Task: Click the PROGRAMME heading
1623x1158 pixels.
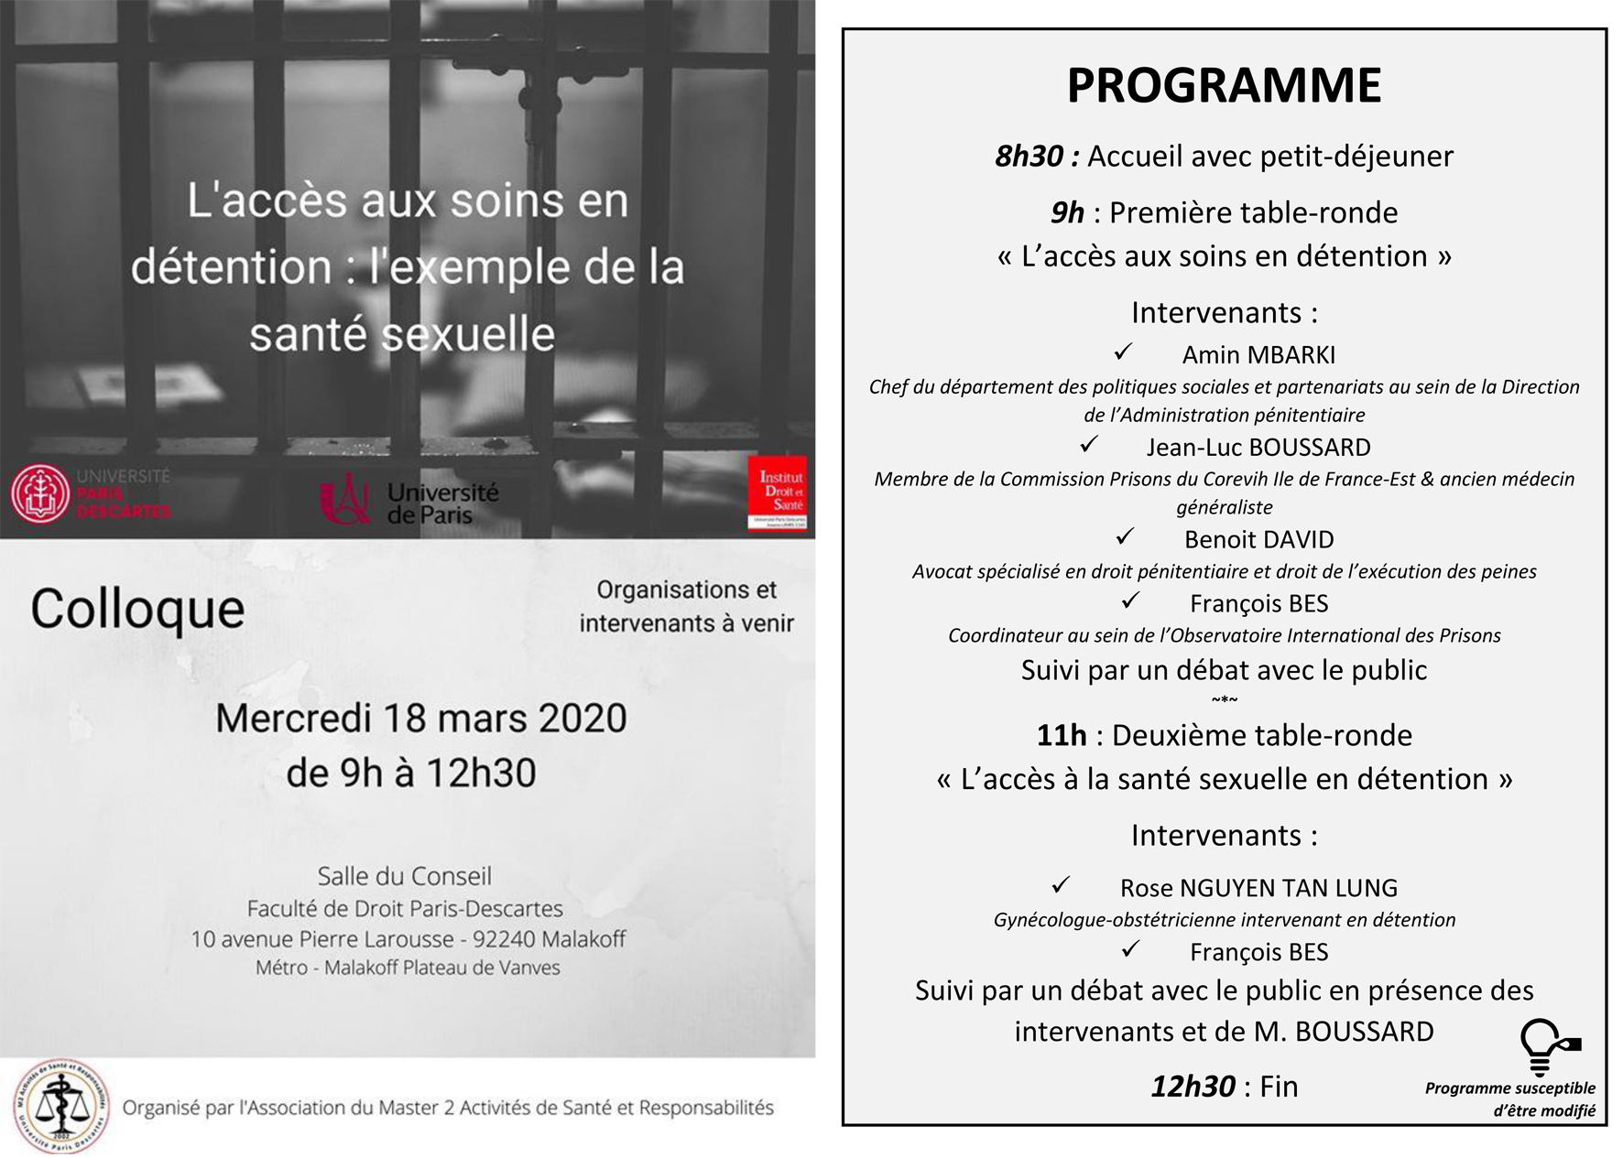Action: coord(1224,85)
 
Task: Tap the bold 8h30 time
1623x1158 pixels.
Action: coord(1029,157)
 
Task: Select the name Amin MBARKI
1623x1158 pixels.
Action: coord(1258,355)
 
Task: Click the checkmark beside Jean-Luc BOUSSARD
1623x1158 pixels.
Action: coord(1089,444)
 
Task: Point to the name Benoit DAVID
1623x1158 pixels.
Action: coord(1258,540)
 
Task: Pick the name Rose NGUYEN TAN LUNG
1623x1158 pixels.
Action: coord(1258,888)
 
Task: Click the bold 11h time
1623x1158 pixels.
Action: coord(1062,735)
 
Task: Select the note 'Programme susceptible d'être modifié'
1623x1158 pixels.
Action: coord(1511,1099)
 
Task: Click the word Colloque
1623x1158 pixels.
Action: coord(137,610)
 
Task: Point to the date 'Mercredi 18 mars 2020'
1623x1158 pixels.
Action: coord(421,719)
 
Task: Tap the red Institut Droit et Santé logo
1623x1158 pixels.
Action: coord(777,492)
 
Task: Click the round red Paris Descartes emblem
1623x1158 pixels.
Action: coord(40,493)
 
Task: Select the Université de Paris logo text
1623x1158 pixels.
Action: coord(442,503)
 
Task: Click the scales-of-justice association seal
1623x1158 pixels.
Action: coord(61,1106)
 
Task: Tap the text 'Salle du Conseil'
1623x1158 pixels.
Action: coord(404,876)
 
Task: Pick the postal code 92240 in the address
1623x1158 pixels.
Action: coord(507,939)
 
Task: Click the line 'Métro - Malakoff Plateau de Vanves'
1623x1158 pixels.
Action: coord(408,968)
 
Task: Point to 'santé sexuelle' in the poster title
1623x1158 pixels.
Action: coord(402,334)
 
